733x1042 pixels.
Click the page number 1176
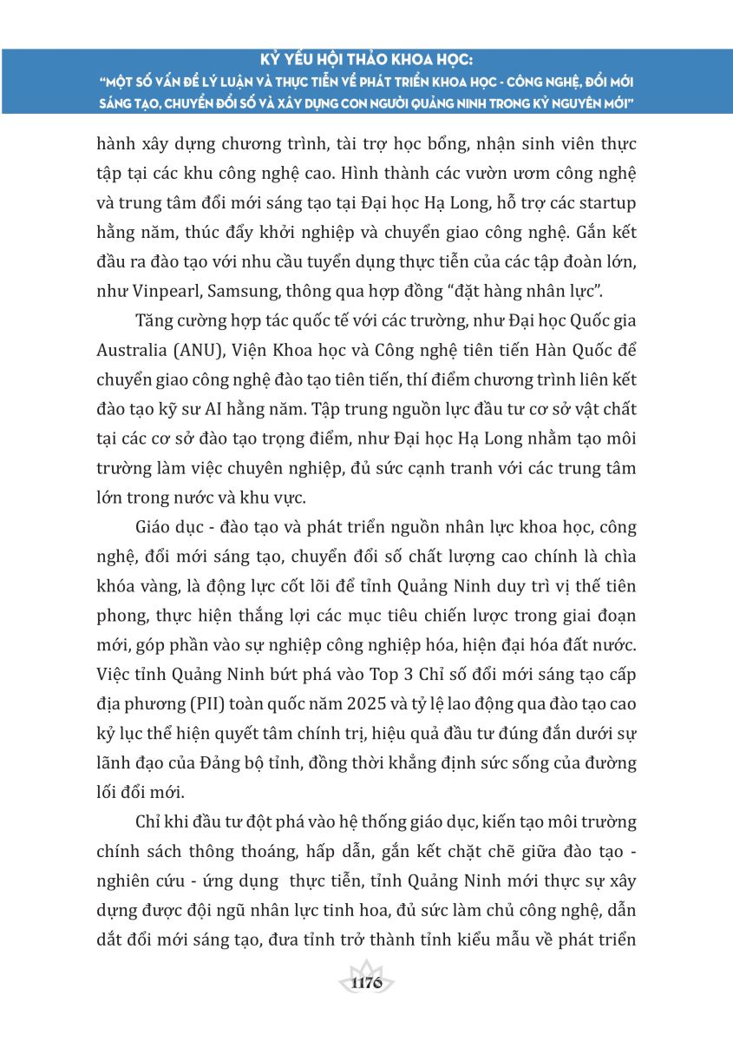(367, 983)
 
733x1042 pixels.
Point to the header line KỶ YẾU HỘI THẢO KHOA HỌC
(367, 62)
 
